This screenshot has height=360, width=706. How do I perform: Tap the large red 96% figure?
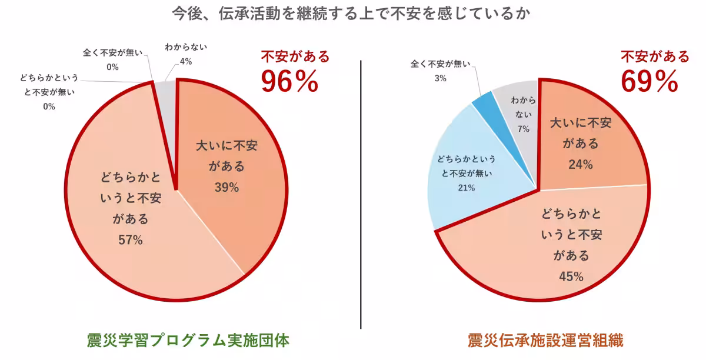(x=289, y=82)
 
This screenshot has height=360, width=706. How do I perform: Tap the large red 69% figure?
(x=650, y=82)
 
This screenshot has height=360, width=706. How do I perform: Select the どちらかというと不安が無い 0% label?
(x=48, y=92)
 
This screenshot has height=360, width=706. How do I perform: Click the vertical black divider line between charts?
(x=361, y=194)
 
